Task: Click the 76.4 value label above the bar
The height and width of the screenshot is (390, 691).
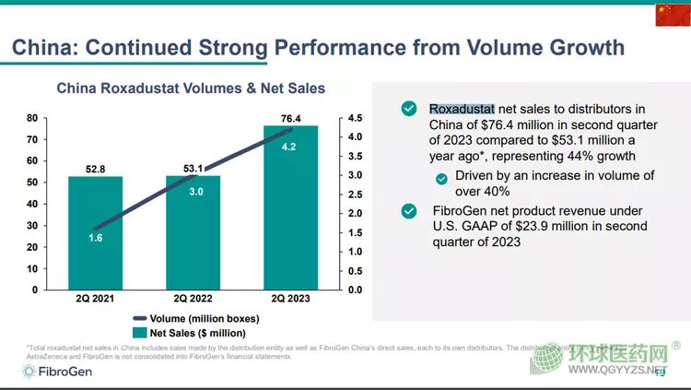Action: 289,117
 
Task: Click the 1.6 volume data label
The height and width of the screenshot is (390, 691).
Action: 95,237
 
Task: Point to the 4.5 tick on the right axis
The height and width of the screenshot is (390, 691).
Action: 354,118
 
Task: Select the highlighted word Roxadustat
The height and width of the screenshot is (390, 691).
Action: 462,109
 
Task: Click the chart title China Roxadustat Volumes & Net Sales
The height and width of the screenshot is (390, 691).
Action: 191,89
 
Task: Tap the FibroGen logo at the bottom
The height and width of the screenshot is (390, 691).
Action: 57,372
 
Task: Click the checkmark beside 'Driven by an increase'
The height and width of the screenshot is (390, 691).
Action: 442,177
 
